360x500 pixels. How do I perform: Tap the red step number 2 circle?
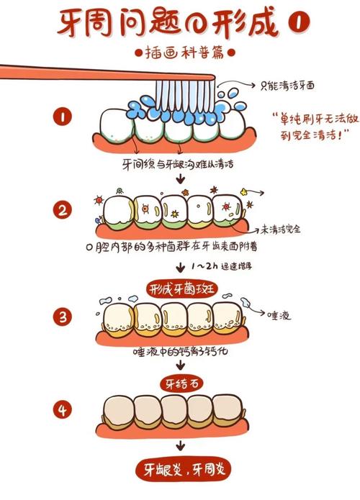click(x=64, y=211)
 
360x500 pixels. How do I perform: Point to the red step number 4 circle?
click(x=64, y=409)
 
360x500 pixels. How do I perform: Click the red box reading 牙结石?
click(x=181, y=381)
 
